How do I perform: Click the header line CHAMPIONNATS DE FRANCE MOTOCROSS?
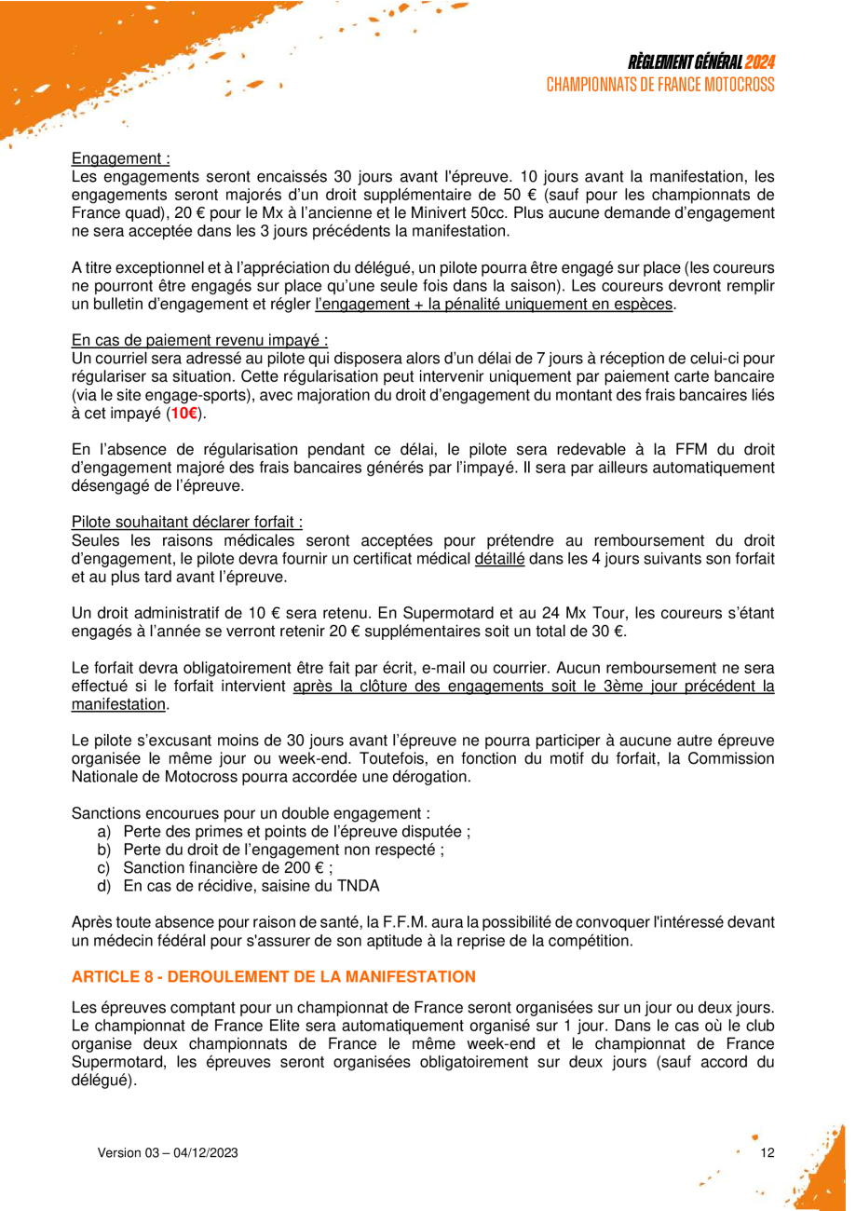(661, 84)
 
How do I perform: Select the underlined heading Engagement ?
(120, 159)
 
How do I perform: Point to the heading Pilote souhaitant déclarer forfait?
(187, 522)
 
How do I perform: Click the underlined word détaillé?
(500, 557)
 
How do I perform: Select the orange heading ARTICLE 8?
(273, 976)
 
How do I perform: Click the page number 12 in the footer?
(768, 1152)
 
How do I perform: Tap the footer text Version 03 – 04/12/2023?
(169, 1152)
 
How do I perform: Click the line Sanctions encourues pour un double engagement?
(251, 812)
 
